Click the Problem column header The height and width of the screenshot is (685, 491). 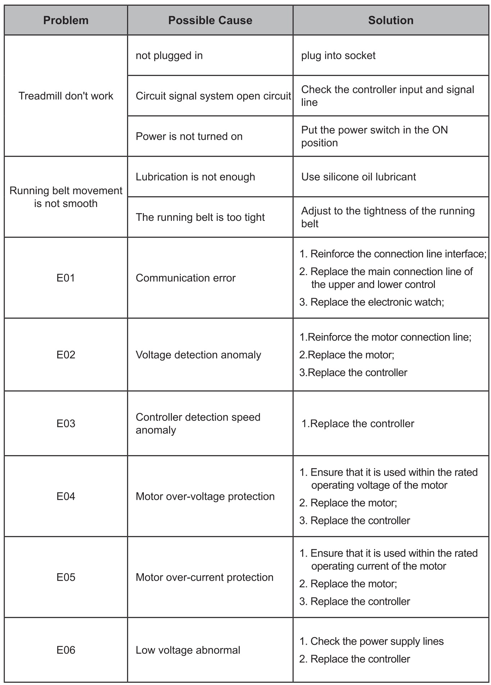pos(66,20)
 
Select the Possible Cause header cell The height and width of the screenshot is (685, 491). pos(210,20)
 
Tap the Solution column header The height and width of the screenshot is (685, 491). pos(391,20)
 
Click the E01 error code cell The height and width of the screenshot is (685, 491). pos(66,278)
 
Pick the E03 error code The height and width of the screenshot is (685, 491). pos(66,423)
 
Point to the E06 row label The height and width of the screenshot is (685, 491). pos(66,650)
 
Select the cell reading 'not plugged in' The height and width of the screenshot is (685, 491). pos(169,56)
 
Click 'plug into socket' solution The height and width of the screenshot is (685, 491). pos(338,56)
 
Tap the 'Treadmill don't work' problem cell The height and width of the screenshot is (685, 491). pos(66,96)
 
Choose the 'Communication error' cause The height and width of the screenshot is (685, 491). pos(186,278)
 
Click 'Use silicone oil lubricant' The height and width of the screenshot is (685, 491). pos(358,177)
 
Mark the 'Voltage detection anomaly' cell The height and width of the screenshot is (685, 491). pos(198,355)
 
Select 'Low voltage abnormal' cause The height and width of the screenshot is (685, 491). pos(188,650)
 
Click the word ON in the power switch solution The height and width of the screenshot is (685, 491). pos(440,130)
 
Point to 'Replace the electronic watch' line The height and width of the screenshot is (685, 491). pos(377,302)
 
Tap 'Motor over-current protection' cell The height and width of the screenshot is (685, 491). pos(204,577)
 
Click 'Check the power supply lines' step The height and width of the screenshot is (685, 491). pos(377,641)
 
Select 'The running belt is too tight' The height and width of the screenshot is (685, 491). pos(200,217)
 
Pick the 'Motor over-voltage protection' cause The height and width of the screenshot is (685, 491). pos(205,497)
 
